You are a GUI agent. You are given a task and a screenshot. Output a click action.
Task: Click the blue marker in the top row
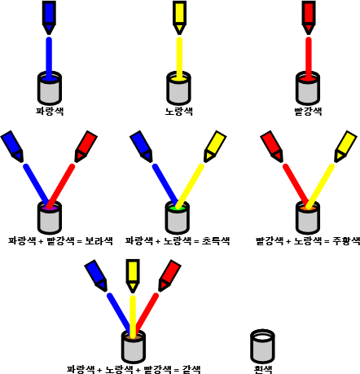(x=49, y=18)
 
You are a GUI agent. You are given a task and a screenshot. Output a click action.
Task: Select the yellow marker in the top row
(x=179, y=18)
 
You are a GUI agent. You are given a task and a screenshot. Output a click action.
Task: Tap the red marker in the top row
(x=309, y=18)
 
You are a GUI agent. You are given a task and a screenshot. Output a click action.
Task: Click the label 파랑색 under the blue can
(x=50, y=111)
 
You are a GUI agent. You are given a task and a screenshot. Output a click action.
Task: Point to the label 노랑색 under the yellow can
(x=179, y=111)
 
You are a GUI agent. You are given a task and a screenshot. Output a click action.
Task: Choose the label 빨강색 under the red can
(x=308, y=111)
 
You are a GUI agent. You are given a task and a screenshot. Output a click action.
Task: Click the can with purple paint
(x=50, y=218)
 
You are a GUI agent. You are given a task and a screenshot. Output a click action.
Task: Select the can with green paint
(x=178, y=218)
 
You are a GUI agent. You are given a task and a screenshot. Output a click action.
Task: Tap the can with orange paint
(x=308, y=218)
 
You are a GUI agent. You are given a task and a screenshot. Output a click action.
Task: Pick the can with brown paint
(x=134, y=347)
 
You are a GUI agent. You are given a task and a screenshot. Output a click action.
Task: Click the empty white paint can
(x=262, y=345)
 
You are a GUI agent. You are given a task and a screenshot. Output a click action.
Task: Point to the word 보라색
(x=99, y=241)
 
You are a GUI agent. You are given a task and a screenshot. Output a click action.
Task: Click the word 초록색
(x=216, y=241)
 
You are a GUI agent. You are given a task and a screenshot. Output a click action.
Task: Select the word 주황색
(x=346, y=241)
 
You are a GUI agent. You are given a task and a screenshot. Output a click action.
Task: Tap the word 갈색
(x=191, y=369)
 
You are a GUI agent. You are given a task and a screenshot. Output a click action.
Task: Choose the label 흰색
(x=263, y=369)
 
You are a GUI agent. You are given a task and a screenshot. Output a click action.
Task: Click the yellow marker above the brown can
(x=133, y=276)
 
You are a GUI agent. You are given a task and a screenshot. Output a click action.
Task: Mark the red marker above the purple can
(x=86, y=147)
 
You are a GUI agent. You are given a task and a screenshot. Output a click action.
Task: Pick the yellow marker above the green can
(x=215, y=147)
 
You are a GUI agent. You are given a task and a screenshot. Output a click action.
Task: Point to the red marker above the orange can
(x=272, y=147)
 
